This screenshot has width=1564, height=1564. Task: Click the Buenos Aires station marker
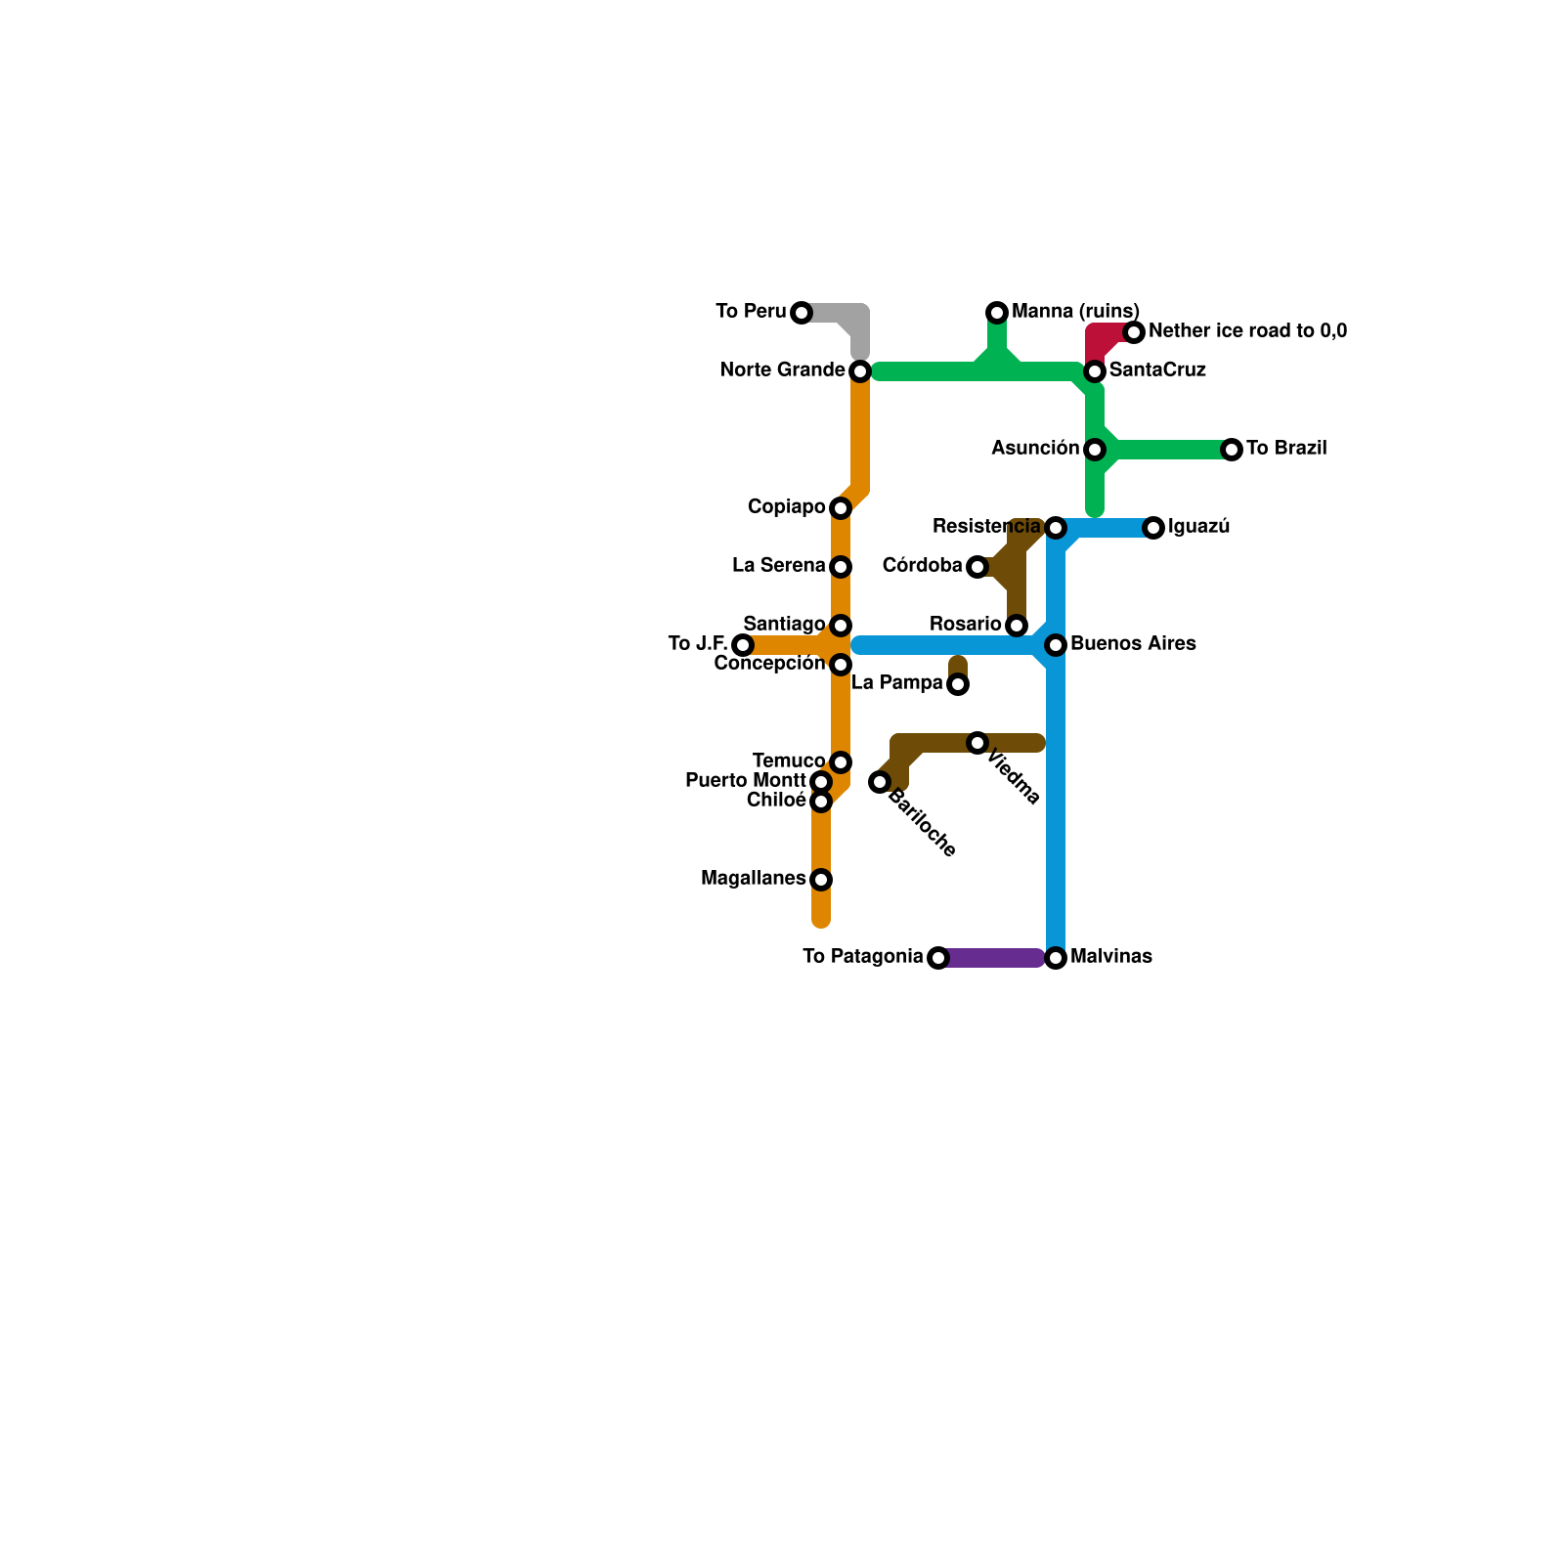(1056, 645)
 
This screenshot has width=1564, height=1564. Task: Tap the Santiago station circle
(841, 626)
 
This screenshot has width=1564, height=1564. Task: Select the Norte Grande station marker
(860, 371)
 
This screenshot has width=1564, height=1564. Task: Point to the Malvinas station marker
(1056, 958)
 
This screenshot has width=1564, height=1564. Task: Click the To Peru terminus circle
(802, 313)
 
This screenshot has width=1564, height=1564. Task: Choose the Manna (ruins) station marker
(997, 313)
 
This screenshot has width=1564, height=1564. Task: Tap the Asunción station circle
(1095, 450)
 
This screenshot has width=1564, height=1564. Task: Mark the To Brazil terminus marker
(1232, 450)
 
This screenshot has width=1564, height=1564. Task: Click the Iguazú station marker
(1153, 528)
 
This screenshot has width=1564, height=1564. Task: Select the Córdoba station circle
(977, 567)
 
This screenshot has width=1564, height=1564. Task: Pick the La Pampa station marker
(958, 684)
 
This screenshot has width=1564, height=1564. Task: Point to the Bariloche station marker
(880, 782)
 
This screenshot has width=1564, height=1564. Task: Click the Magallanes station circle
(821, 880)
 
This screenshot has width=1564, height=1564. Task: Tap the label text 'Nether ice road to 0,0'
(1247, 331)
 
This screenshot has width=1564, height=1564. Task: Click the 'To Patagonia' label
(862, 957)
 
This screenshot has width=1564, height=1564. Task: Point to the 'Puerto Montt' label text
(745, 781)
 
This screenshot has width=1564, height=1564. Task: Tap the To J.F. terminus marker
(743, 645)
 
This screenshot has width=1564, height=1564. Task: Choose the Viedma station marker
(977, 743)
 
